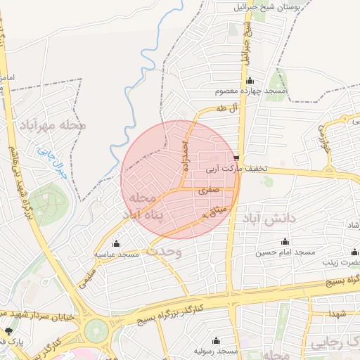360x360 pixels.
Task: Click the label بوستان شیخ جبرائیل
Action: coord(274,6)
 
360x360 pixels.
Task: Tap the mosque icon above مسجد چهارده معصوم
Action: coord(250,81)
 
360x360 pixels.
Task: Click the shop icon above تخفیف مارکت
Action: coord(236,158)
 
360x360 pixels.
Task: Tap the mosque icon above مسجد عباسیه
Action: coord(117,243)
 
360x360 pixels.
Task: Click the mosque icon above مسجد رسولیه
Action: coord(216,340)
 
